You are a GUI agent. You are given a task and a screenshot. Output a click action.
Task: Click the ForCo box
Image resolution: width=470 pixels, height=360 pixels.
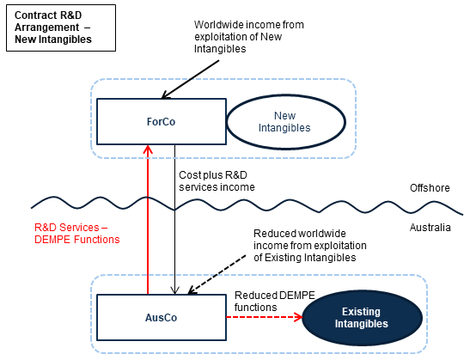162,121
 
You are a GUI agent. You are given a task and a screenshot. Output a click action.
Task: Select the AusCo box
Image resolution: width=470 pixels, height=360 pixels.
162,317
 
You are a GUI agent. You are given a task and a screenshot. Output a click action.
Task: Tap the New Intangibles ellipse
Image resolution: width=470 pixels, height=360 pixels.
286,122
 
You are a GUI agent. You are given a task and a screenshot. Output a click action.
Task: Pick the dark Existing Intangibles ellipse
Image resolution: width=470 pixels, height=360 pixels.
362,318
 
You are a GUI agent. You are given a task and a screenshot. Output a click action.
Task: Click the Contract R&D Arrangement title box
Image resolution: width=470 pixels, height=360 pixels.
61,27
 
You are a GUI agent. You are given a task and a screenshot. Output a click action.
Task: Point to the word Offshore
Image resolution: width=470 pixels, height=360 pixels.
430,188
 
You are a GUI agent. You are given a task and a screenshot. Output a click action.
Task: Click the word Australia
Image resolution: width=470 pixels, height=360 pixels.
430,228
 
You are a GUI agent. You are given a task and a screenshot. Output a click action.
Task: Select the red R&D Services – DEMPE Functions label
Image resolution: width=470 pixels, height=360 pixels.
77,234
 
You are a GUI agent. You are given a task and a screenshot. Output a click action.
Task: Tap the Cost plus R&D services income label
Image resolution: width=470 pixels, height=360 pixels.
217,181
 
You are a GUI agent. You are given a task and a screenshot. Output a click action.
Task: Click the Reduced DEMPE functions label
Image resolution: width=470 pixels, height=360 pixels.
275,302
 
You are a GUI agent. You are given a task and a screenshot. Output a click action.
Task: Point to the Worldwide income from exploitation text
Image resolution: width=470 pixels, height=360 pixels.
249,37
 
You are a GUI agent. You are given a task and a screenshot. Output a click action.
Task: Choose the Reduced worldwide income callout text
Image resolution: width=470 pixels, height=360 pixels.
310,246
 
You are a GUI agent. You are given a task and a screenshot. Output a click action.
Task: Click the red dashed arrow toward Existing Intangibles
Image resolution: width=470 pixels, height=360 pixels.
264,317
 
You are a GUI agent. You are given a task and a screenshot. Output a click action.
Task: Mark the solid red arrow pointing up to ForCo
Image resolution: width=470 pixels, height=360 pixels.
148,219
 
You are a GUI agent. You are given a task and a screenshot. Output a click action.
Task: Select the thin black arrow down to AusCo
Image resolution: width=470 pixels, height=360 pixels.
174,219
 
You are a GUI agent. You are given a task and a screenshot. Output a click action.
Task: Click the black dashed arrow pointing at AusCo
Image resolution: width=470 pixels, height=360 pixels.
217,274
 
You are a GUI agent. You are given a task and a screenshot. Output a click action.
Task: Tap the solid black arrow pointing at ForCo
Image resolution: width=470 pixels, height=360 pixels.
191,79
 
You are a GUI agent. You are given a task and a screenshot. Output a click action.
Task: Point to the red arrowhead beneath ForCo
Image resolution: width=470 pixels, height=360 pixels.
148,149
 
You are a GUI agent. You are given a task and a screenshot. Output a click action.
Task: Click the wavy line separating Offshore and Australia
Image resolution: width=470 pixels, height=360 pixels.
247,205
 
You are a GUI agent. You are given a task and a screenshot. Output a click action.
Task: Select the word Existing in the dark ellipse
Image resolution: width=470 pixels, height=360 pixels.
361,312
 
